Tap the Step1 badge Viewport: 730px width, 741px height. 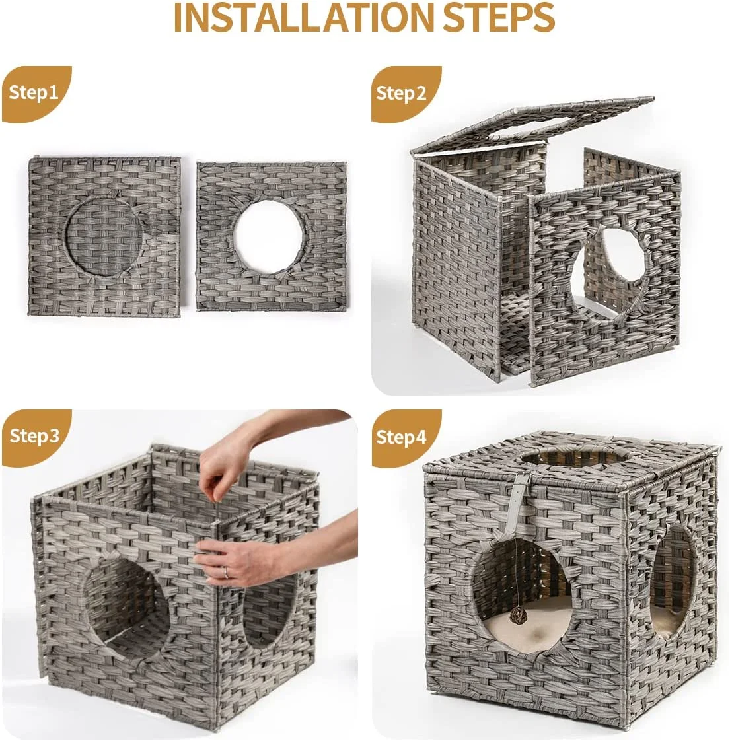[x=33, y=92]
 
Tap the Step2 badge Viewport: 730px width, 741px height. [x=401, y=93]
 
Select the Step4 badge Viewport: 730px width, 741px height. [x=402, y=437]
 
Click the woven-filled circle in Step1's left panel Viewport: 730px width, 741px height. [x=104, y=236]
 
